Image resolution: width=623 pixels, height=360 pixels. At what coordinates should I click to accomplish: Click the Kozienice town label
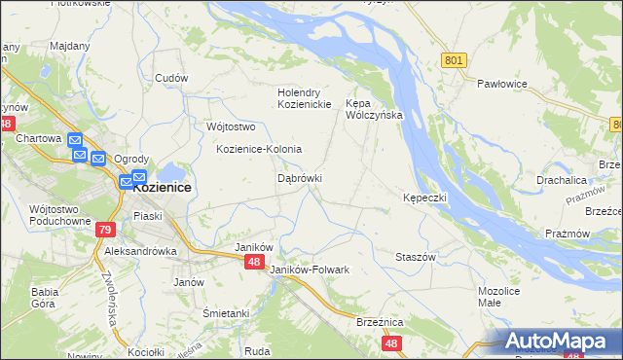click(162, 187)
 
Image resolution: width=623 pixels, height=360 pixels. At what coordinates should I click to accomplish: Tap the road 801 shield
click(454, 60)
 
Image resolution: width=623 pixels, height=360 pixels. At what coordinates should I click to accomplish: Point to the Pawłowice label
click(501, 84)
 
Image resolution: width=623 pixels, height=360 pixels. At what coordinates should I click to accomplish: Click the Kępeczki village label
click(424, 198)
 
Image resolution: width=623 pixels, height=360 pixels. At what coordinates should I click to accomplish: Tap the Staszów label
click(415, 256)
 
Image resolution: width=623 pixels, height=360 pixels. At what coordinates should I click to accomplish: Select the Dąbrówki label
click(300, 179)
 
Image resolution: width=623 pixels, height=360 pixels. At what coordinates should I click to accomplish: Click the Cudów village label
click(170, 79)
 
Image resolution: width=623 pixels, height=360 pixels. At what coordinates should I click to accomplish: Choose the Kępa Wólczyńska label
click(374, 108)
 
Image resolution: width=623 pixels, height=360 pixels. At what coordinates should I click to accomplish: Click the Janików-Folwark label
click(309, 270)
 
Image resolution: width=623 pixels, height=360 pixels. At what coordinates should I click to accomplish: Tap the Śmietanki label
click(226, 313)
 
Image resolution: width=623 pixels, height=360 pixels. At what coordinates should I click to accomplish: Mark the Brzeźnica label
click(380, 322)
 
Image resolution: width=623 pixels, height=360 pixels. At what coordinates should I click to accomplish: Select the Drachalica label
click(560, 180)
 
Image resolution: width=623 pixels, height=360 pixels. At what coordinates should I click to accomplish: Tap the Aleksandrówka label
click(140, 250)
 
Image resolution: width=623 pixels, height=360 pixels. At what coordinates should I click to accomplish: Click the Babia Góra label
click(45, 297)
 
